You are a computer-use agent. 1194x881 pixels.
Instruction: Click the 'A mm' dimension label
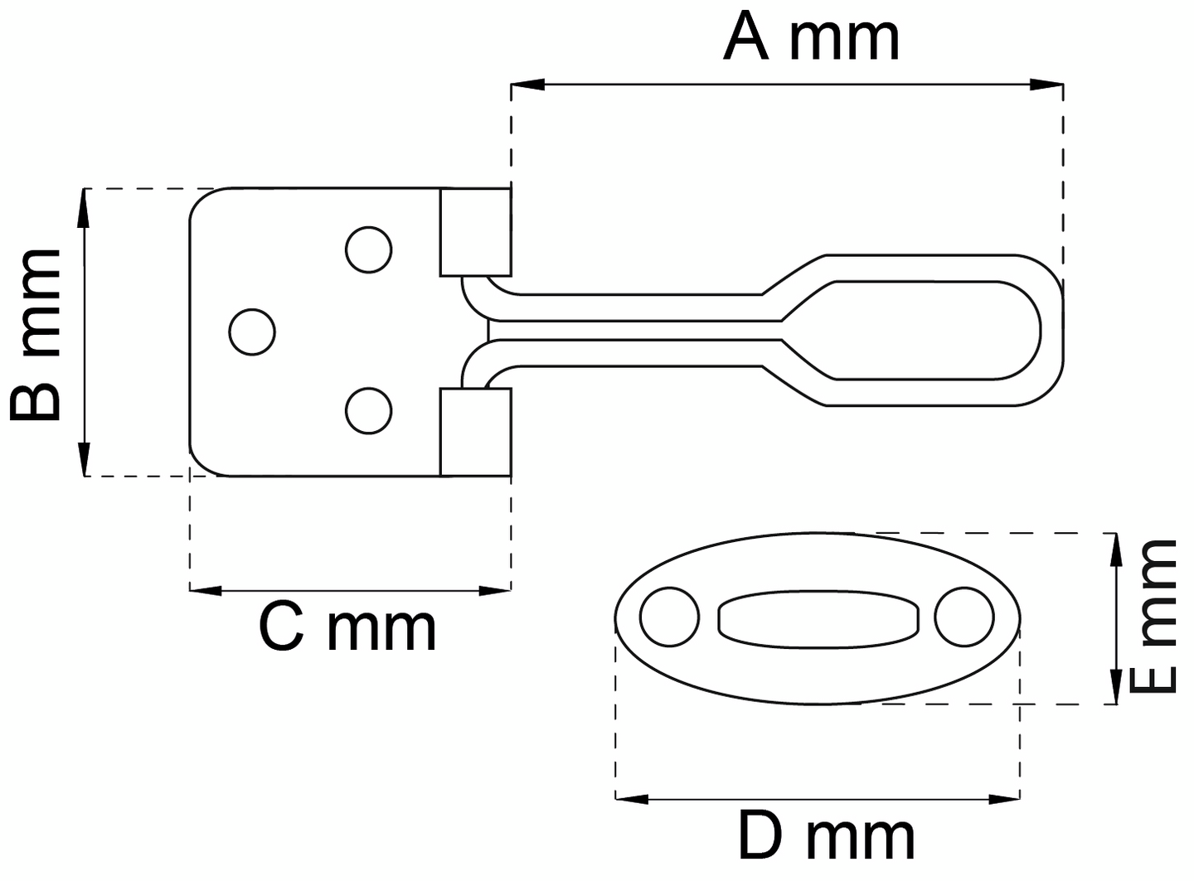(810, 38)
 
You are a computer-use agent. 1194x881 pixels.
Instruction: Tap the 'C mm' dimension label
(347, 628)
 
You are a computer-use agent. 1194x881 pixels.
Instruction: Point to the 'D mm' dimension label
(826, 837)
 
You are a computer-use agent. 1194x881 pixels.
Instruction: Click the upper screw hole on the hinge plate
(368, 249)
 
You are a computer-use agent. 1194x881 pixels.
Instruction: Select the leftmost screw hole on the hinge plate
(252, 332)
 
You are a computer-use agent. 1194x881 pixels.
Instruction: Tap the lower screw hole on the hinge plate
(368, 410)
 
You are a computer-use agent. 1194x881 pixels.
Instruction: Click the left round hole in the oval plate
(669, 617)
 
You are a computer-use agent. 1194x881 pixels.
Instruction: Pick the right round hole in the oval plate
(963, 617)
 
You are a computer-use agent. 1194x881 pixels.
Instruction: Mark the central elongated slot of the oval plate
(818, 619)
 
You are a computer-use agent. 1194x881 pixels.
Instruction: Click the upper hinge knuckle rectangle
(475, 232)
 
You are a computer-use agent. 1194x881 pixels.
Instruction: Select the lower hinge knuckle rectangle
(475, 432)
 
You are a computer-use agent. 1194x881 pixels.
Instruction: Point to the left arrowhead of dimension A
(524, 85)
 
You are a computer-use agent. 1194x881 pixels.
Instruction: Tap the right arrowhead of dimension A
(1050, 85)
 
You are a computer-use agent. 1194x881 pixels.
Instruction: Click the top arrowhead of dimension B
(84, 204)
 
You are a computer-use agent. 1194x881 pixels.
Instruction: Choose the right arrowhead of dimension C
(498, 590)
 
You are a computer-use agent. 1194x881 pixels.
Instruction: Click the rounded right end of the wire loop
(1051, 331)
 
